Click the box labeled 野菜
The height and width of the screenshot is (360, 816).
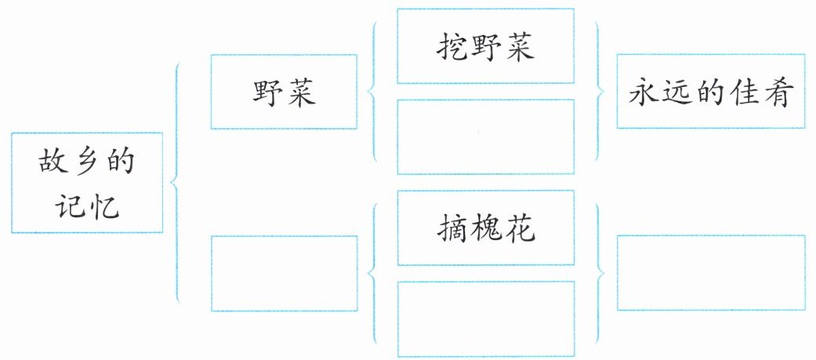coord(284,92)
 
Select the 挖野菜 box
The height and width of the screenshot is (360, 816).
coord(486,45)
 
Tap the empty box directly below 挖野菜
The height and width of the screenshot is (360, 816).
coord(486,136)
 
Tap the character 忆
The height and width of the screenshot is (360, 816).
coord(104,205)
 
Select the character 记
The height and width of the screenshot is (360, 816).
coord(70,205)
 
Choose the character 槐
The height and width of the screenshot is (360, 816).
coord(486,228)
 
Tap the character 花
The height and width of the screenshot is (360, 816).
coord(520,228)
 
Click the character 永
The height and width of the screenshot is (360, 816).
coord(644,93)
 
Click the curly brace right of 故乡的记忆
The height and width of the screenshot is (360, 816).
coord(177,182)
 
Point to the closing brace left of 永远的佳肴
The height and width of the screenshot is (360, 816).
coord(602,92)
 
